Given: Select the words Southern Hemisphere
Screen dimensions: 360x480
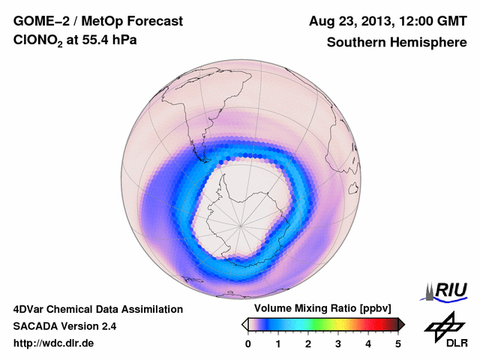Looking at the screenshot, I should click(x=396, y=42).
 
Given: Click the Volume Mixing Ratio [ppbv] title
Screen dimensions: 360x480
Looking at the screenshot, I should click(x=322, y=308).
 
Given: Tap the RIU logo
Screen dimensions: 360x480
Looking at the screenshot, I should click(x=447, y=290).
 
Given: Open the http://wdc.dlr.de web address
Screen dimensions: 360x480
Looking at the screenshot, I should click(x=54, y=343).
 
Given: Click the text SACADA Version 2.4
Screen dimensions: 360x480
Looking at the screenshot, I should click(x=64, y=326).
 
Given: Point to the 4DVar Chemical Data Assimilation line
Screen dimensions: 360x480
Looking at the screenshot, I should click(x=97, y=309).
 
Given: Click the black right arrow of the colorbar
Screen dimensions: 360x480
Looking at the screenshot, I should click(x=401, y=324).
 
